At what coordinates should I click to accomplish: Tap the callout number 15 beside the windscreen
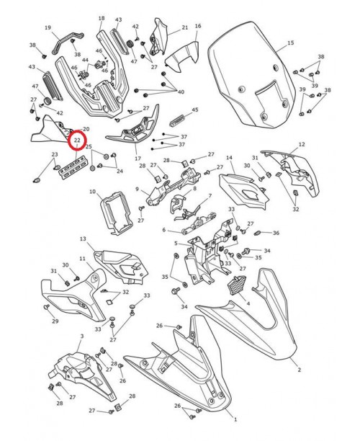tap(291, 43)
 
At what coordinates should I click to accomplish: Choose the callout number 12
tap(302, 144)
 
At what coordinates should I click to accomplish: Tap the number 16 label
tap(198, 26)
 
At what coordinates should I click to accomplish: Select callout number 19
tap(48, 28)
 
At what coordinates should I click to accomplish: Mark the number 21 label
tap(184, 27)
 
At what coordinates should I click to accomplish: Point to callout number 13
tap(83, 238)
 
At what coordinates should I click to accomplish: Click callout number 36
tap(276, 233)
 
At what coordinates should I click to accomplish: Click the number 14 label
tap(229, 157)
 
